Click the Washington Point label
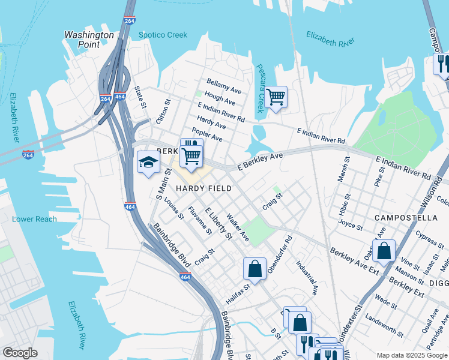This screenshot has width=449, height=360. (89, 40)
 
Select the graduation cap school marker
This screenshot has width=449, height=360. (148, 162)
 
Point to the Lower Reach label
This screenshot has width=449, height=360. (34, 219)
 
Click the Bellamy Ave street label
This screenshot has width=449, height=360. (224, 85)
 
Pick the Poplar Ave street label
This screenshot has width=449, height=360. (207, 135)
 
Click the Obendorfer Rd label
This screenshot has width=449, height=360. (279, 253)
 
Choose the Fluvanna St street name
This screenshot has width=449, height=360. (200, 220)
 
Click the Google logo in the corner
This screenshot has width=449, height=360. (20, 353)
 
